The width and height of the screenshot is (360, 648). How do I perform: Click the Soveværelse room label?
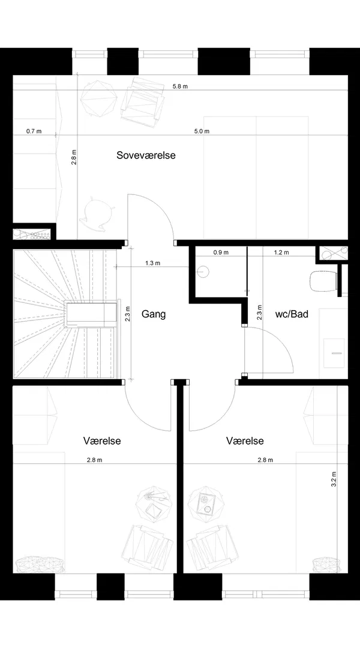tap(146, 155)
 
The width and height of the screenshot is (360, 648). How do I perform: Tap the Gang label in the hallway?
tap(154, 314)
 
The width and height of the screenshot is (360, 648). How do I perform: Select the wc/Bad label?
tap(292, 314)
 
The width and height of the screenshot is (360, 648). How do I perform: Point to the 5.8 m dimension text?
tap(180, 86)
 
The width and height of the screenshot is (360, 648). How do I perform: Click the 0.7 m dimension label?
tap(34, 131)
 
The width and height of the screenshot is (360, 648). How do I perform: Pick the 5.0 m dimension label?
tap(202, 131)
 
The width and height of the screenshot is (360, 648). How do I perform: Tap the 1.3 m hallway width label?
tap(153, 263)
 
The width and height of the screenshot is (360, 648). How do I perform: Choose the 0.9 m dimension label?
tap(221, 253)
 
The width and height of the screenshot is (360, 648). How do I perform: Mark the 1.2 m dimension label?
tap(281, 253)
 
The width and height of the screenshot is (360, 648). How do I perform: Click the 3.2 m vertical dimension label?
tap(334, 479)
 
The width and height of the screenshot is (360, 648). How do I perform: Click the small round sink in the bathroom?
tap(203, 272)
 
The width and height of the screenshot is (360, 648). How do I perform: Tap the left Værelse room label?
tap(102, 441)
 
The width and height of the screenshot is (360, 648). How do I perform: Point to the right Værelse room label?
tap(245, 441)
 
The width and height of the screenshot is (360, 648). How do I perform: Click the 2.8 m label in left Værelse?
tap(95, 460)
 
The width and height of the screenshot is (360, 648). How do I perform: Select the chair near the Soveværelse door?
tap(96, 211)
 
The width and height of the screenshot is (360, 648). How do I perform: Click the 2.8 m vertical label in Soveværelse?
tap(74, 157)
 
